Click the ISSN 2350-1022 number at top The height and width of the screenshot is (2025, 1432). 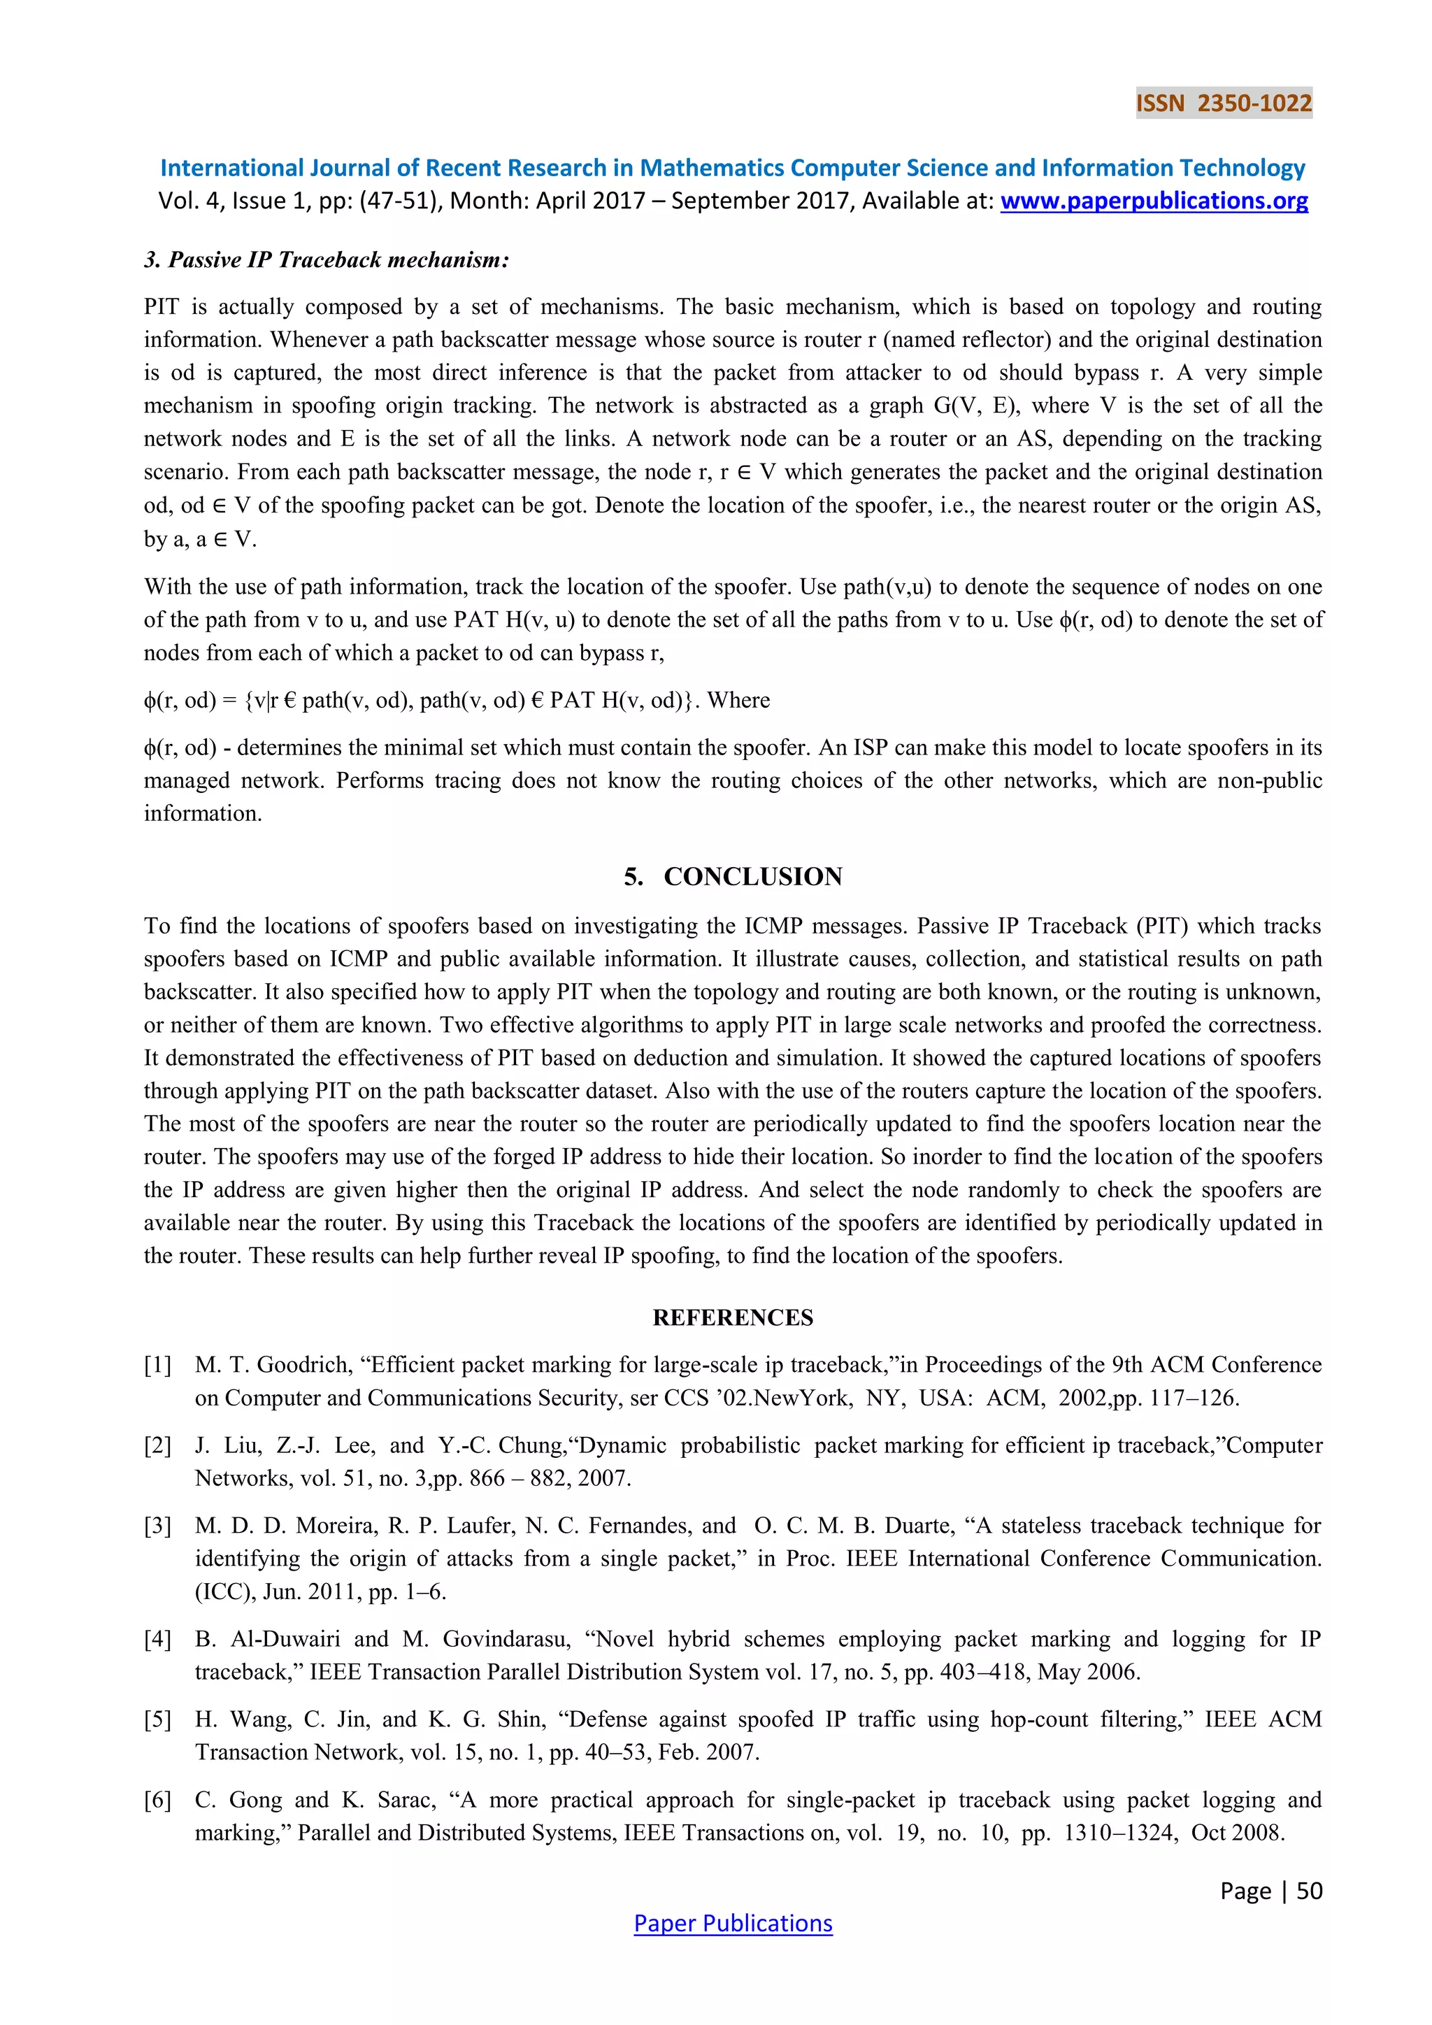tap(1223, 103)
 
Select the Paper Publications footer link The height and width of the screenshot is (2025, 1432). tap(733, 1923)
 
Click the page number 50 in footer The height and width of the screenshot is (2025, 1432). tap(1310, 1890)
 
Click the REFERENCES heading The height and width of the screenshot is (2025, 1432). tap(733, 1317)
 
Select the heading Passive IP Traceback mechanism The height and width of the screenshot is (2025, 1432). tap(327, 259)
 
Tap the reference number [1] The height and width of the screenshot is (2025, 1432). tap(158, 1364)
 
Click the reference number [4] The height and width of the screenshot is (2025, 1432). tap(158, 1639)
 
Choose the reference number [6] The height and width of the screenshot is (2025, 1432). tap(158, 1799)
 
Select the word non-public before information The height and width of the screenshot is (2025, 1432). tap(1270, 780)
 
